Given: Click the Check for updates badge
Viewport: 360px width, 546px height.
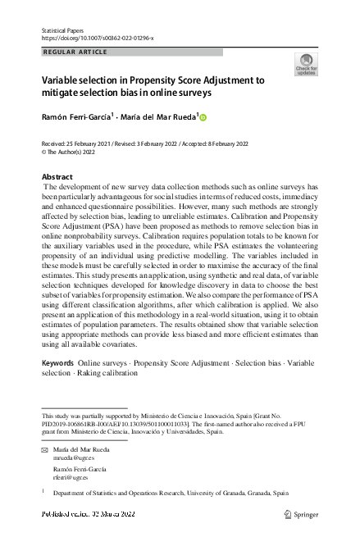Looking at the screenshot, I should click(x=305, y=64).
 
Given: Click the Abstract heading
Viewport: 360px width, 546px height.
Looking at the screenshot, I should click(x=57, y=177).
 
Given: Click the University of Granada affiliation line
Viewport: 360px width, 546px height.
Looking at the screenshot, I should click(x=171, y=494).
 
